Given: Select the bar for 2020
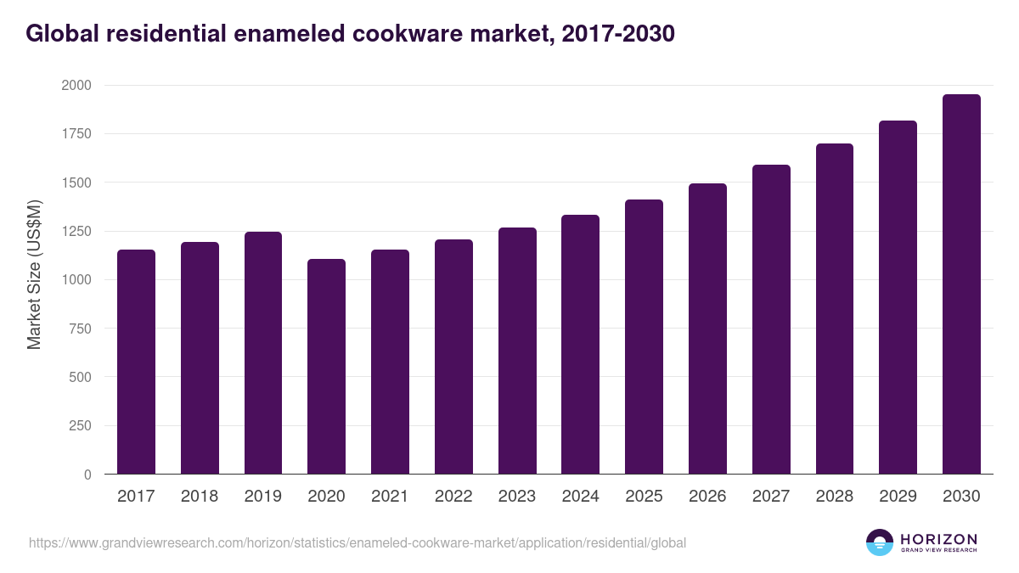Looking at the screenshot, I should [326, 367].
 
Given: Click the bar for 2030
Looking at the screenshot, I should [961, 284].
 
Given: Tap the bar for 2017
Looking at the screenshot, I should [136, 362].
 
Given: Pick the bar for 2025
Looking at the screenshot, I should [644, 337].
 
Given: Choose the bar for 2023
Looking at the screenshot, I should [517, 351].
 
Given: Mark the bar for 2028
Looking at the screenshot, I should [835, 309].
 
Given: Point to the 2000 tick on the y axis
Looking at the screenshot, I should [76, 86].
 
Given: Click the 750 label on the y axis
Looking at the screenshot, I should [80, 329].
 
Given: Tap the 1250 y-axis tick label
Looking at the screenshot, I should [76, 232].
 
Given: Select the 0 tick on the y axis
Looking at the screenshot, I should [87, 475].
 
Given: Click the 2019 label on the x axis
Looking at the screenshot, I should [263, 497].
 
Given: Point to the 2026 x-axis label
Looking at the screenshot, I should [707, 497].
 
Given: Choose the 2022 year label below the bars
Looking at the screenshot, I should [453, 497].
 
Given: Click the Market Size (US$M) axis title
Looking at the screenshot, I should [34, 273].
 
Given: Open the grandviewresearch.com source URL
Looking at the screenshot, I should [357, 542].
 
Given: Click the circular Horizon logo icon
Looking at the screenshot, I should [879, 542].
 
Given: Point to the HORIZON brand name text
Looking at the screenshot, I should [938, 538].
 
